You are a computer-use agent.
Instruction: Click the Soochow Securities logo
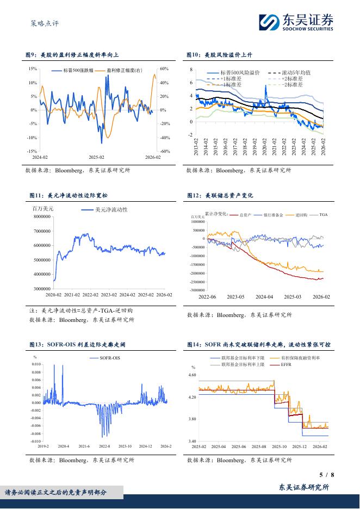point(296,23)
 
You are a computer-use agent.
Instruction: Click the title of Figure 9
point(73,55)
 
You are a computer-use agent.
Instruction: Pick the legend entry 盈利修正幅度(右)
point(125,71)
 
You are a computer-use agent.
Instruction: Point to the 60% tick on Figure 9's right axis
point(165,69)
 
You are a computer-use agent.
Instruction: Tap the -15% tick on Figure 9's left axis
point(32,152)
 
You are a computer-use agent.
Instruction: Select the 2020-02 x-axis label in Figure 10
point(264,146)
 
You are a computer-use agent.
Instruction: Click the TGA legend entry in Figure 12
point(324,215)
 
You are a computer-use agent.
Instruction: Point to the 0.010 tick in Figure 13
point(35,364)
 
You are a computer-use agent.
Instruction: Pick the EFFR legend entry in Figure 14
point(287,364)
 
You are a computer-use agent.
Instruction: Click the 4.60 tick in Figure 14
point(192,375)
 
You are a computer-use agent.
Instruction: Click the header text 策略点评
point(44,24)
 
